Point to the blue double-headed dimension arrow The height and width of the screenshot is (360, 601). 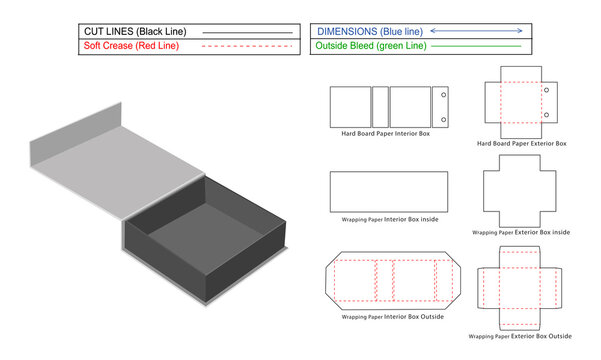pos(483,31)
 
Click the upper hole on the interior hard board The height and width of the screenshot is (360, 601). pos(441,97)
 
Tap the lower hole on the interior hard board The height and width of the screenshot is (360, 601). pos(441,115)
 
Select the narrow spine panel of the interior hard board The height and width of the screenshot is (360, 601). pos(380,106)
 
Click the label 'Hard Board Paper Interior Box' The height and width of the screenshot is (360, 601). pos(387,134)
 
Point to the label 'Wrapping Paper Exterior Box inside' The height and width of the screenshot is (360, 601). pos(522,232)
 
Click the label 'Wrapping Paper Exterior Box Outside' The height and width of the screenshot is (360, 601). pos(522,337)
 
